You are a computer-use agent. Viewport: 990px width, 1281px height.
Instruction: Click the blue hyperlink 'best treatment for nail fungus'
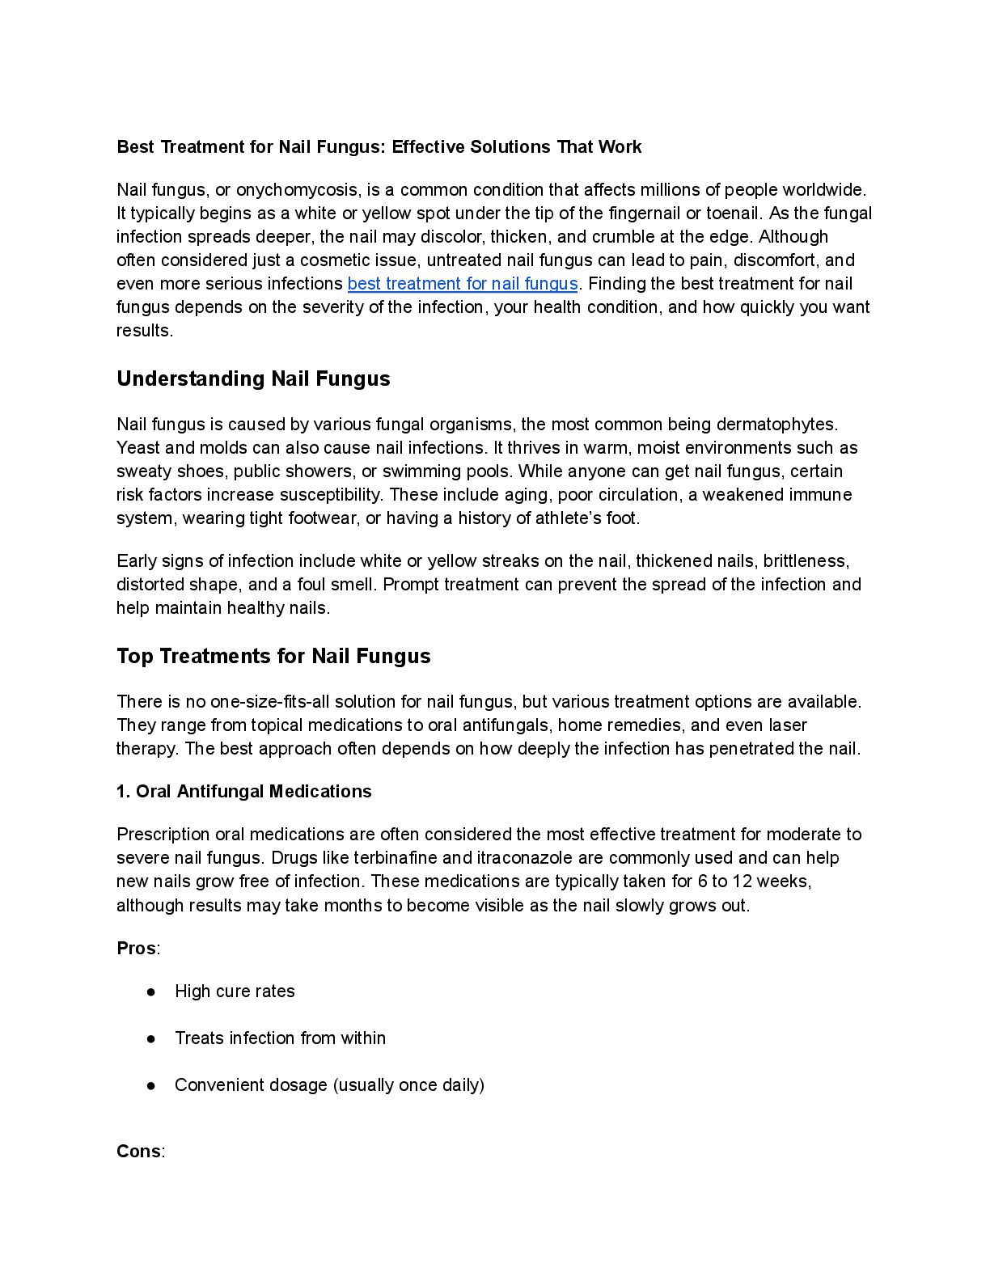coord(463,284)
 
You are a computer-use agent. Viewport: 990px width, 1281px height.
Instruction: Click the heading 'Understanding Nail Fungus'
coord(253,379)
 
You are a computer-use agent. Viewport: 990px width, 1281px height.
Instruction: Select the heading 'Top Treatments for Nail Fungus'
coord(273,656)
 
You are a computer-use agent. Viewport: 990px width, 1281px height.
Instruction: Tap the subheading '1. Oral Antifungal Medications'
coord(244,792)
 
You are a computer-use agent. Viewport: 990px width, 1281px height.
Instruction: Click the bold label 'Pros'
coord(136,949)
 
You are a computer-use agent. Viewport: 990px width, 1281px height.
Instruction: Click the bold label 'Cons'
coord(138,1152)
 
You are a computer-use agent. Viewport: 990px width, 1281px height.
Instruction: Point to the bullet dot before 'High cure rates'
coord(151,991)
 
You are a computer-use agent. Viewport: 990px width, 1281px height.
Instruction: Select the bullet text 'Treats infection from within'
coord(280,1038)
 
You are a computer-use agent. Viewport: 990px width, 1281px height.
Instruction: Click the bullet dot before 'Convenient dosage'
coord(151,1085)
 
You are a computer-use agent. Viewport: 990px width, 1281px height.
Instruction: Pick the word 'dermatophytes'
coord(775,425)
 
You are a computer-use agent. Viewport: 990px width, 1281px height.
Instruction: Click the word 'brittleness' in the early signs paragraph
coord(805,561)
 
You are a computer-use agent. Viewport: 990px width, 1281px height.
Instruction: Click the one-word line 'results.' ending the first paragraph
coord(145,331)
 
